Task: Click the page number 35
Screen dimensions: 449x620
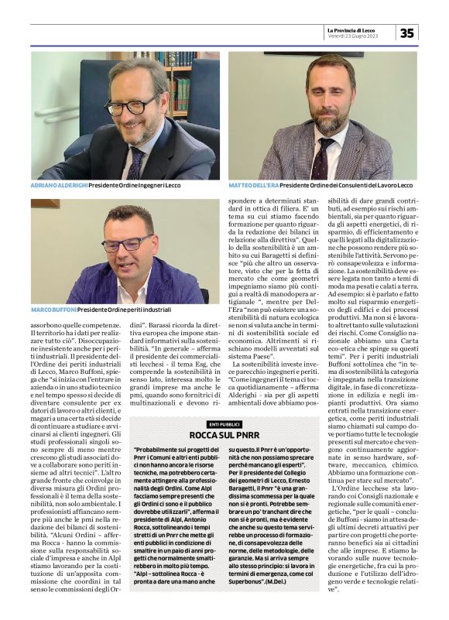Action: coord(407,33)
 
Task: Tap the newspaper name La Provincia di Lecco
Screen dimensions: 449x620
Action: coord(358,29)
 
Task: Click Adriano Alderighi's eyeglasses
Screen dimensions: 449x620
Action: coord(132,103)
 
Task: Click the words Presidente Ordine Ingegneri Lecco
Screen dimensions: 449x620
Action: coord(146,186)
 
